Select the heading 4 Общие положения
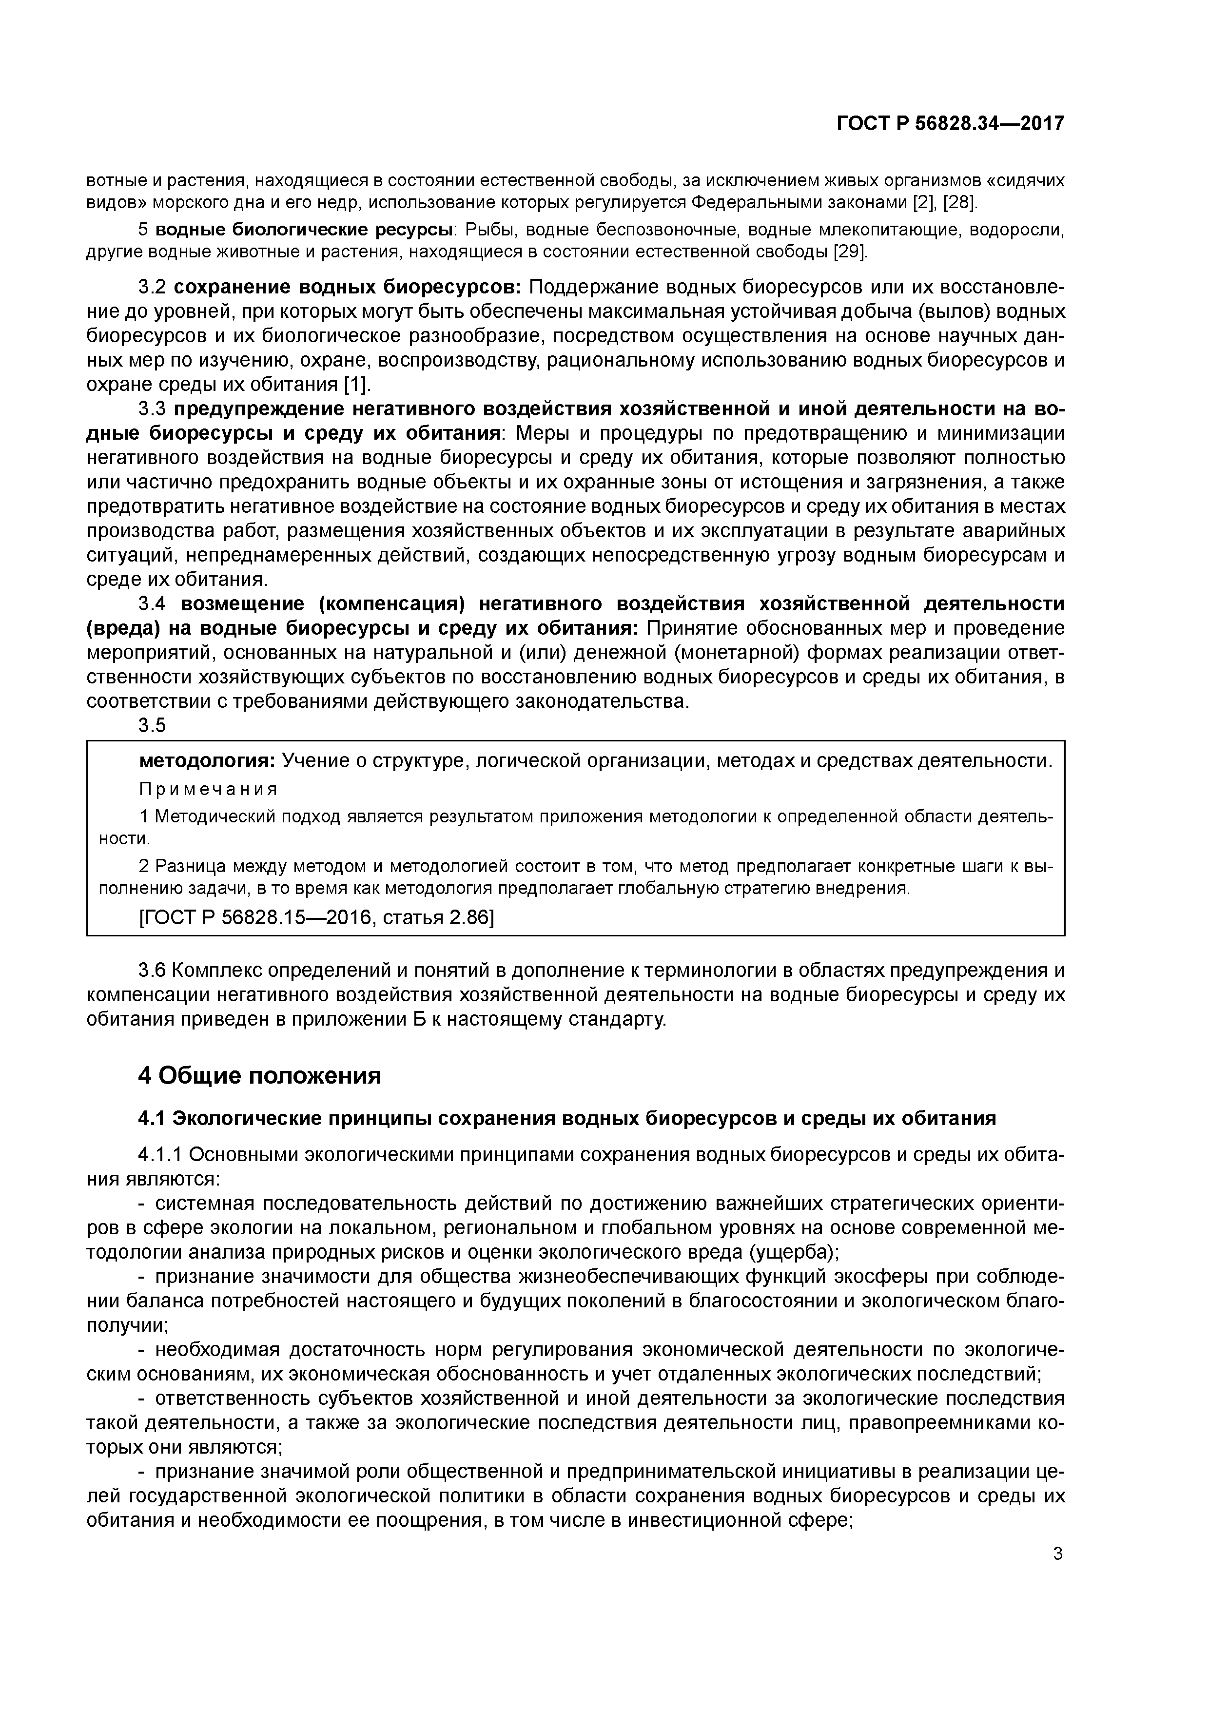(259, 1075)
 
